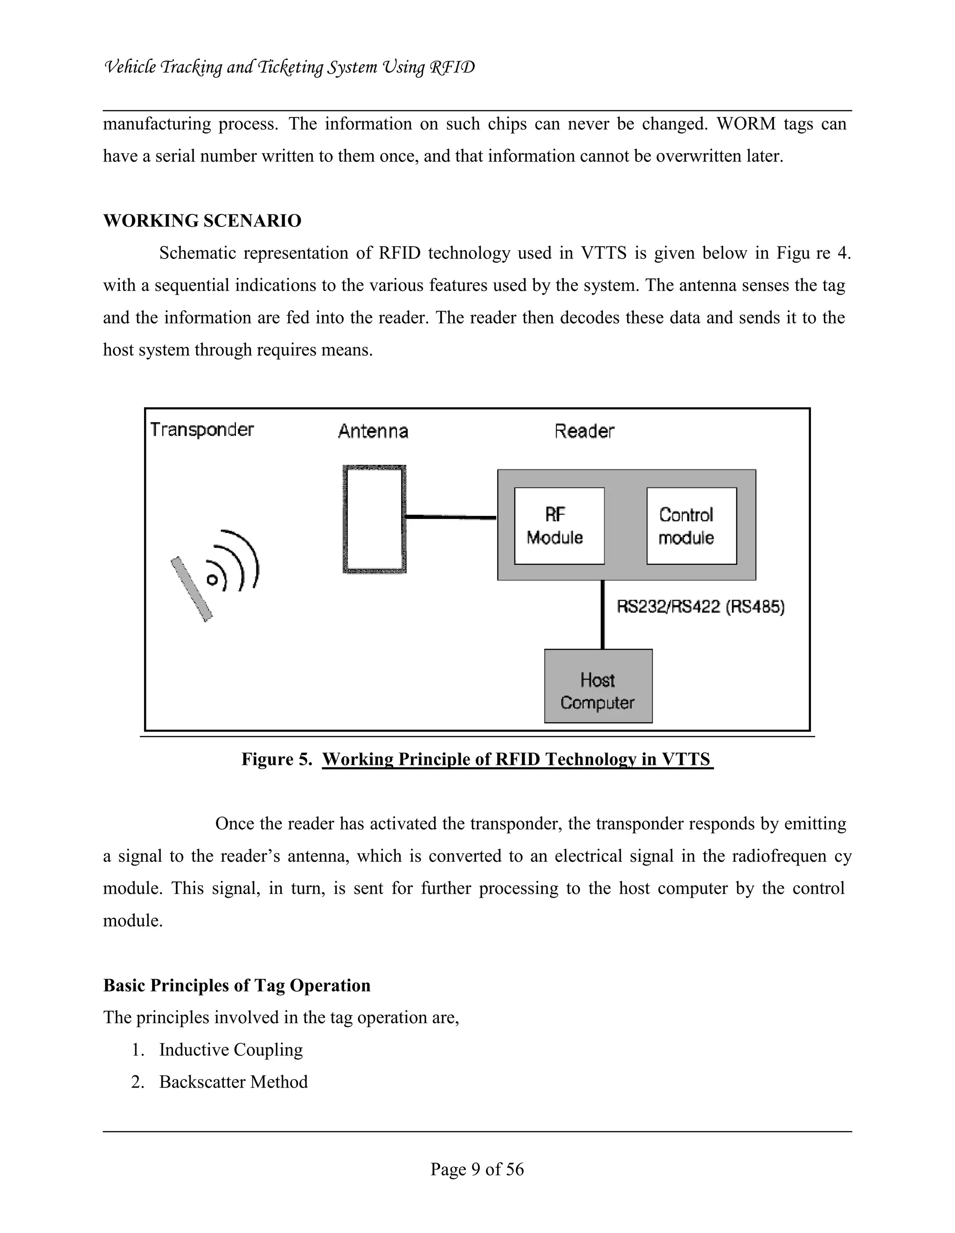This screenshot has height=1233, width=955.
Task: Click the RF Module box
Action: pos(559,526)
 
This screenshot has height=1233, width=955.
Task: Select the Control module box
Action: pos(691,526)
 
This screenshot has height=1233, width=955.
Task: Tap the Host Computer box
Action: pos(598,686)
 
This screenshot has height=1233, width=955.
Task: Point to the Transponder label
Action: pos(202,429)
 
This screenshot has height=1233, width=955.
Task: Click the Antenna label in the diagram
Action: pos(373,431)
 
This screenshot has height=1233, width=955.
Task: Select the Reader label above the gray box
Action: pos(584,431)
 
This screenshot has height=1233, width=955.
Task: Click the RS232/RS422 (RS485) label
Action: pos(700,607)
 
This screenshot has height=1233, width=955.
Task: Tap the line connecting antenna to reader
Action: pos(450,517)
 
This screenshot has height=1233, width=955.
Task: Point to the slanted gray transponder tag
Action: pos(192,589)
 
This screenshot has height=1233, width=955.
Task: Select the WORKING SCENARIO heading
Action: pos(202,221)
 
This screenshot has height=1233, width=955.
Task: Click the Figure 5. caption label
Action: pos(277,759)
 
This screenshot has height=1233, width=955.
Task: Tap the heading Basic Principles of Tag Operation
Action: pos(236,985)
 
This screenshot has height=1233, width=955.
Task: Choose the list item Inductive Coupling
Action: pos(231,1050)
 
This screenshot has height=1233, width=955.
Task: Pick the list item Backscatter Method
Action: pos(233,1082)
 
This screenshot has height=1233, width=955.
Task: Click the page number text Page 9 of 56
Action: pos(477,1169)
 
